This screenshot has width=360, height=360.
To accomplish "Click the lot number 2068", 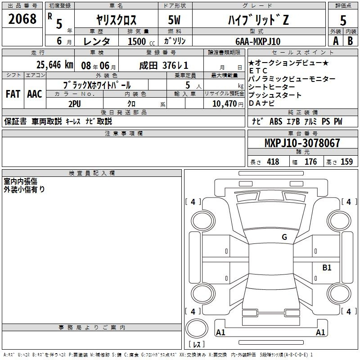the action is pos(22,19).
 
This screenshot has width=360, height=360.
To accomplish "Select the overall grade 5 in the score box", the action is pos(343,20).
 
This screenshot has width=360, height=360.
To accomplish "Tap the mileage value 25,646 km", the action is pos(54,65).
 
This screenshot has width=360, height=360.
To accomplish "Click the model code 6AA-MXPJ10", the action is pos(258,41).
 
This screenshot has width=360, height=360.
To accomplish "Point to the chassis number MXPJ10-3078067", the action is pos(302,143).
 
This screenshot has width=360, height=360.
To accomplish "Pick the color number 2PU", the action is pos(75,104).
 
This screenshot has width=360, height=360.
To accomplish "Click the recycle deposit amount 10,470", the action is pos(224,103).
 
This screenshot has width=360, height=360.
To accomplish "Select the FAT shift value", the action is pos(13,94).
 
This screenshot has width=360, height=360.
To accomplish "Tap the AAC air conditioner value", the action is pos(35,94).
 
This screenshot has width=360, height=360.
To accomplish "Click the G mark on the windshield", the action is pos(284,237).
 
